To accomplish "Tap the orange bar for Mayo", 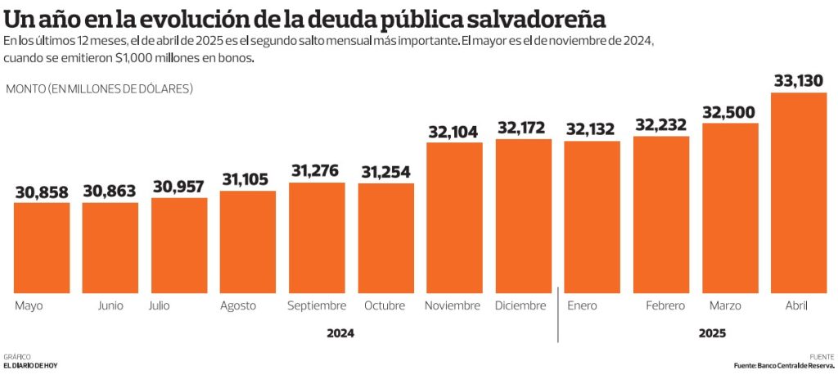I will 42,248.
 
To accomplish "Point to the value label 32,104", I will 454,131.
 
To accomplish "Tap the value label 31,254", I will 385,172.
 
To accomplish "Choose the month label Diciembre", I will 520,305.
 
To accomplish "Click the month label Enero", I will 582,305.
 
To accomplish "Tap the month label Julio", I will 160,305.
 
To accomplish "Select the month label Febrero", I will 665,305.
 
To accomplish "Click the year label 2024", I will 340,333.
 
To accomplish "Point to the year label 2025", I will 712,333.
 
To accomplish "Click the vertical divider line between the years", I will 558,315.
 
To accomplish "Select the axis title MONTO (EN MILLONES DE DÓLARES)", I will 99,88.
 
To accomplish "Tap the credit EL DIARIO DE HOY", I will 31,365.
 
